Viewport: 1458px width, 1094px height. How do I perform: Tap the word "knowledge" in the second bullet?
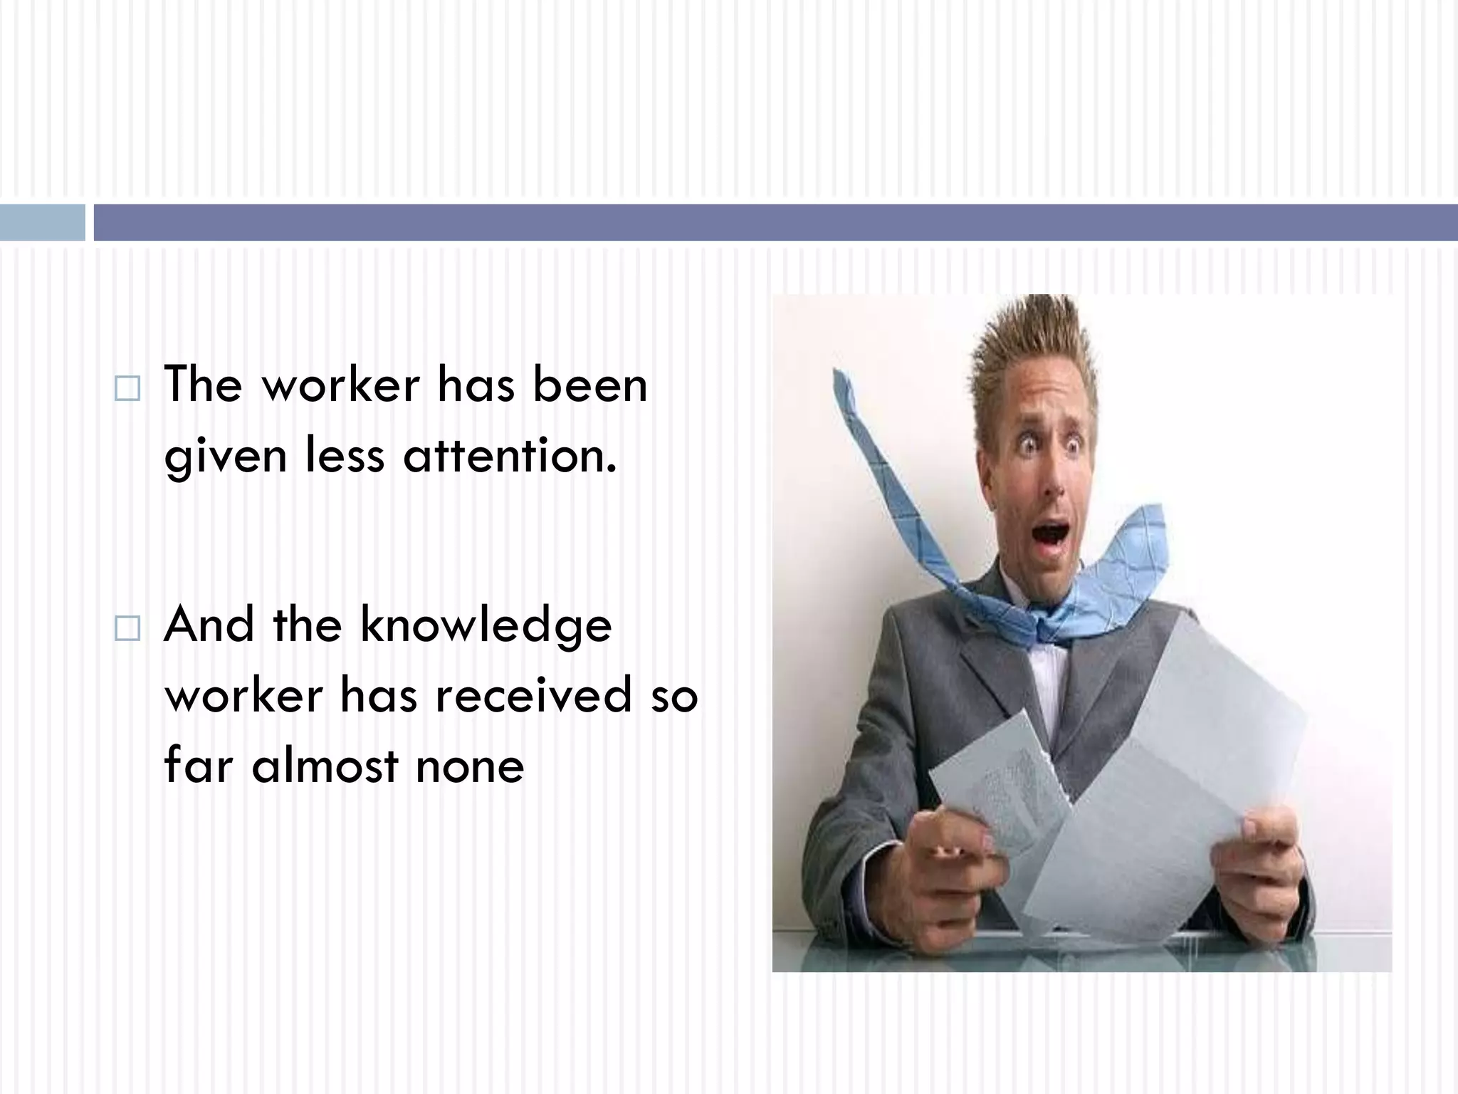point(486,625)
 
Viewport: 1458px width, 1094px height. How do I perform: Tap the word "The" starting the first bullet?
point(203,385)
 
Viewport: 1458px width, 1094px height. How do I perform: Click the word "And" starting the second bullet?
point(209,624)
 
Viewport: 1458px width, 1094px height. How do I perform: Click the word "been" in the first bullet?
point(590,385)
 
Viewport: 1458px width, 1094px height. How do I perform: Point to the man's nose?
point(1053,484)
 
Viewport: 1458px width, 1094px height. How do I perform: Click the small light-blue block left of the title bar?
point(42,222)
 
